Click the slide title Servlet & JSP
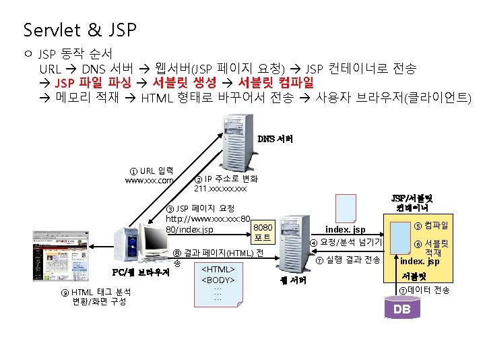click(x=79, y=30)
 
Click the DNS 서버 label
click(x=275, y=139)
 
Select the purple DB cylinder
click(x=402, y=308)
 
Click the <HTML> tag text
click(x=217, y=269)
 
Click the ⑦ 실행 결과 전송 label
click(x=348, y=260)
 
